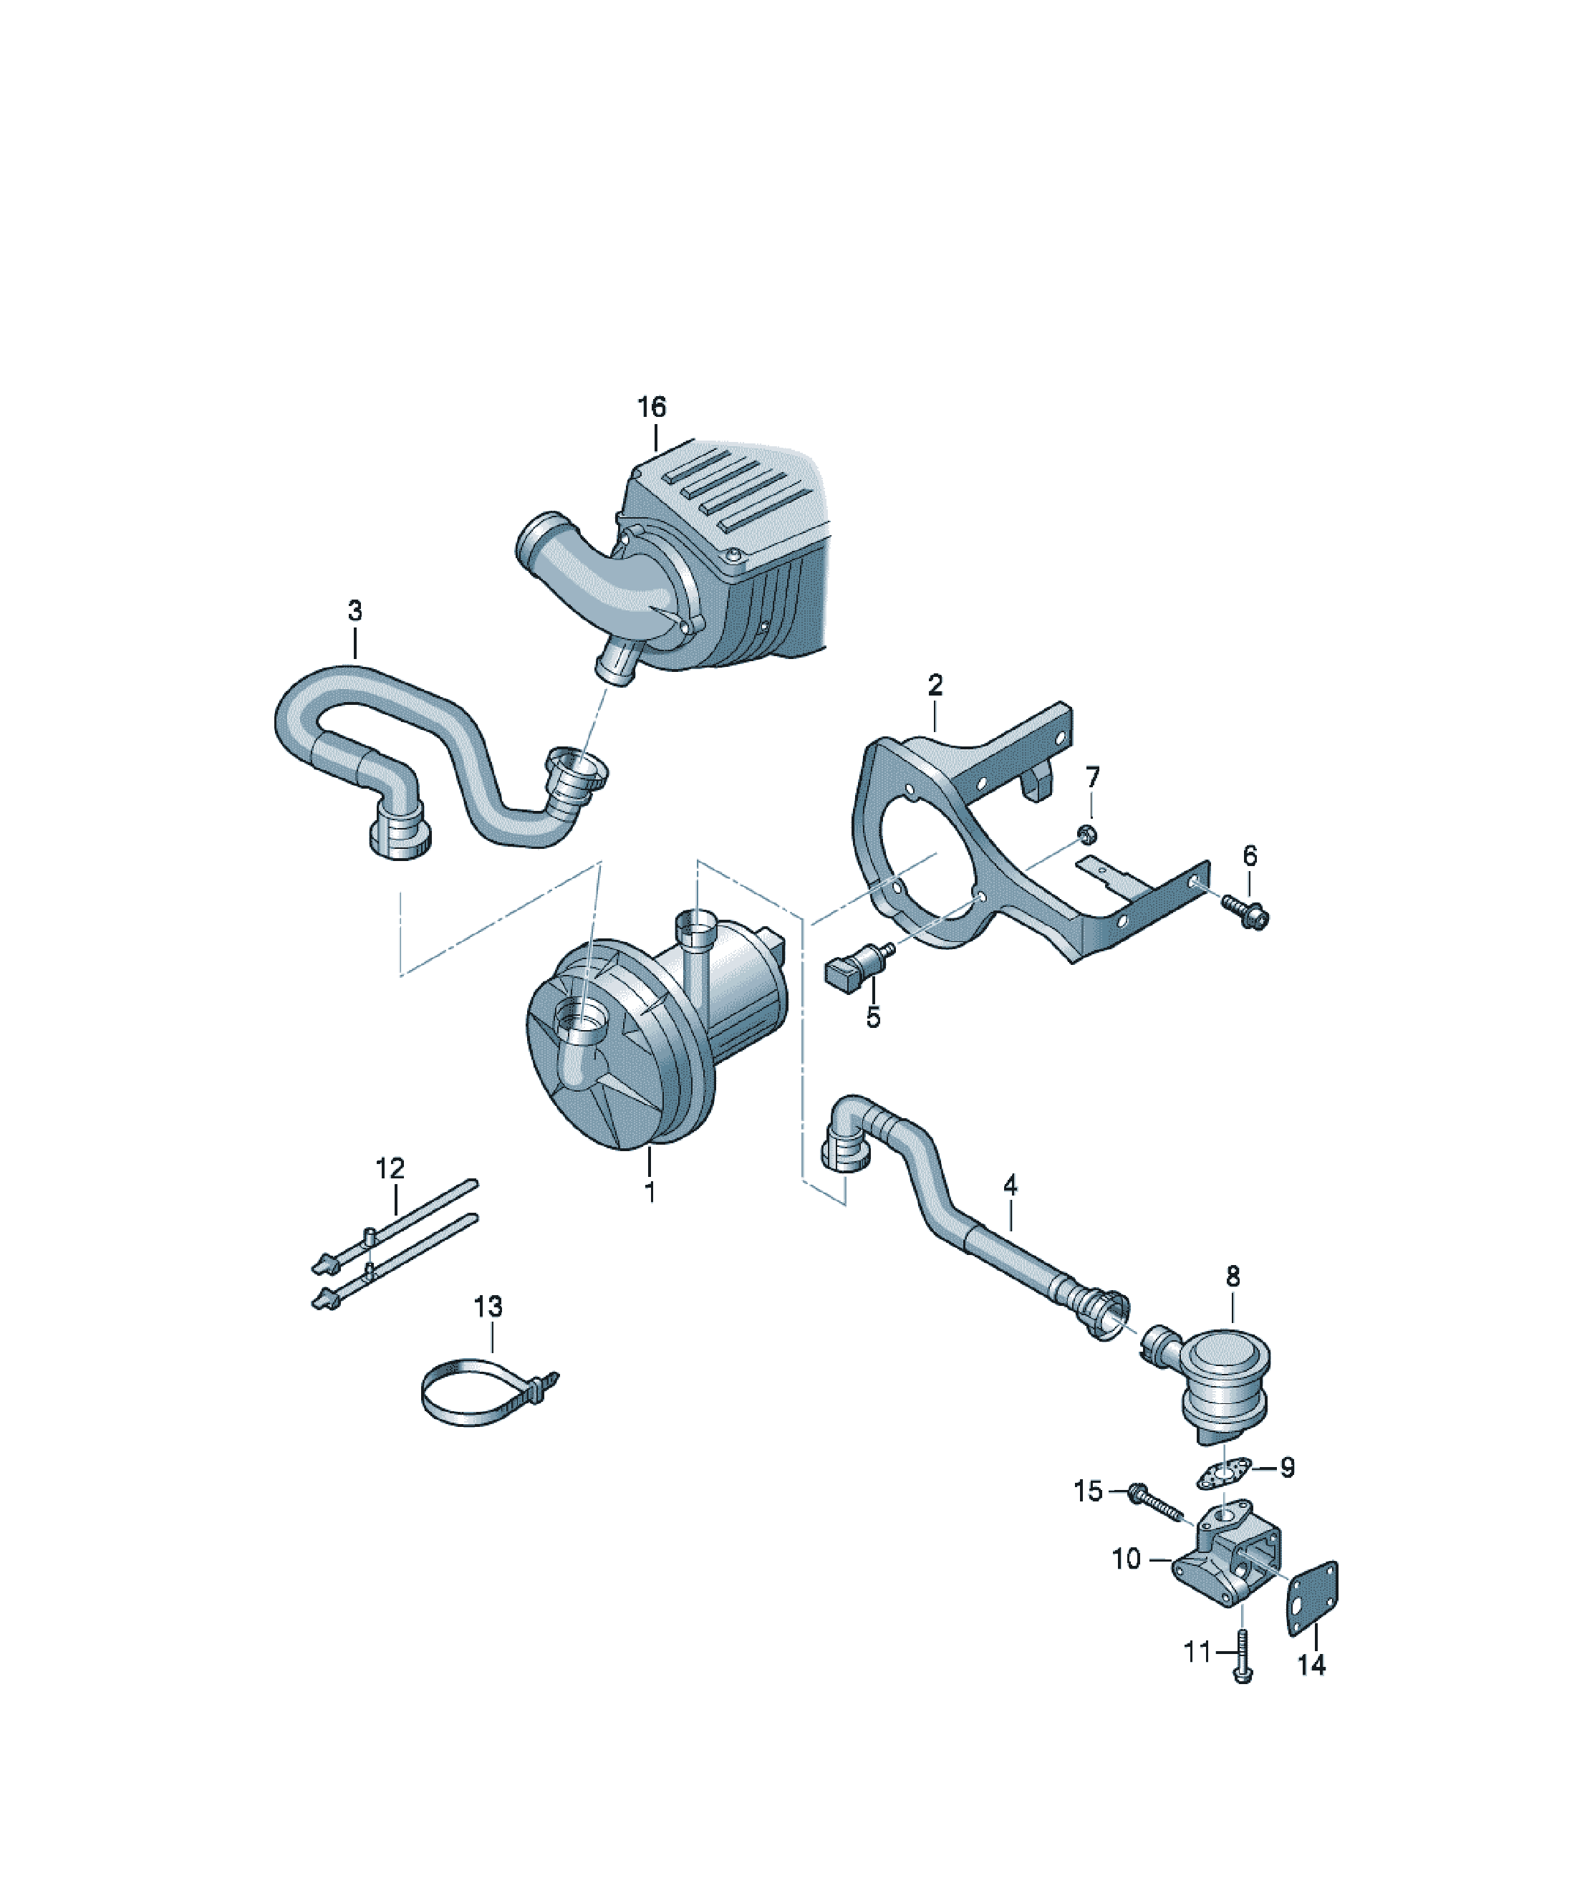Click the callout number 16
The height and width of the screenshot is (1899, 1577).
pyautogui.click(x=651, y=407)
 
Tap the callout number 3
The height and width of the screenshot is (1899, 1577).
pyautogui.click(x=355, y=610)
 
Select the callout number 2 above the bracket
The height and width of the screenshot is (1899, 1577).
pyautogui.click(x=935, y=685)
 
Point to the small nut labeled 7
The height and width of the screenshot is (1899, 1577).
pyautogui.click(x=1089, y=833)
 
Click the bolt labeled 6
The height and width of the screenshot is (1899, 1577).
pyautogui.click(x=1246, y=910)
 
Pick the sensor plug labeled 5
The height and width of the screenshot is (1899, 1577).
pyautogui.click(x=858, y=962)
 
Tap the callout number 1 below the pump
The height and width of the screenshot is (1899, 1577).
pyautogui.click(x=650, y=1193)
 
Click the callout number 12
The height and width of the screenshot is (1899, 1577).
pyautogui.click(x=390, y=1168)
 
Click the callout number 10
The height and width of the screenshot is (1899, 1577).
pyautogui.click(x=1127, y=1559)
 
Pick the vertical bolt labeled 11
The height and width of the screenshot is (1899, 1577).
pyautogui.click(x=1243, y=1657)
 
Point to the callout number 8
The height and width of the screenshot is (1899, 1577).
pyautogui.click(x=1233, y=1277)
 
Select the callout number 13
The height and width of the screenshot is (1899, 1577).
pyautogui.click(x=488, y=1307)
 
